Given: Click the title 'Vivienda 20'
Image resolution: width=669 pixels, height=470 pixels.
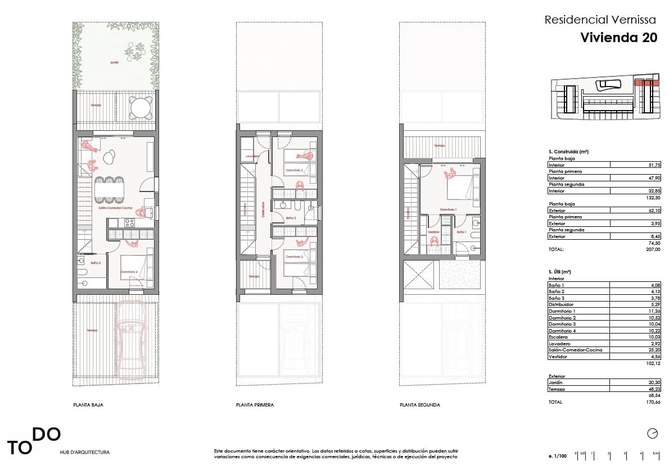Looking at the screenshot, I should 618,38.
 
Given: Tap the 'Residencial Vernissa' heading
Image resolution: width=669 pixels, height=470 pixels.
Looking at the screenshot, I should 600,20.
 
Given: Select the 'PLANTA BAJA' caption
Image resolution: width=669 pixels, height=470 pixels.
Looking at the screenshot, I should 88,404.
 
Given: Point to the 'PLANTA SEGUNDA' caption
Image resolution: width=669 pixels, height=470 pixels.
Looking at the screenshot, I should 419,404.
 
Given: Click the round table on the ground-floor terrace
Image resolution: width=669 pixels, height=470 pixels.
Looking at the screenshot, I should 141,107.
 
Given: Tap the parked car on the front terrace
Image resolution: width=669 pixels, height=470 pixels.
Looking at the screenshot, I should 130,342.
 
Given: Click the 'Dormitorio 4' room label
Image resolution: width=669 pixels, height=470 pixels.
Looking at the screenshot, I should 129,272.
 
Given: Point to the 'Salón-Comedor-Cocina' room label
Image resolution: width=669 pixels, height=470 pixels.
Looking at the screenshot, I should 115,208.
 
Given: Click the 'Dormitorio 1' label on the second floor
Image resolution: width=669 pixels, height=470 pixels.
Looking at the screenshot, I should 448,209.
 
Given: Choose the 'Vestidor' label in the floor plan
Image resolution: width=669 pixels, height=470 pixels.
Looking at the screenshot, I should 433,232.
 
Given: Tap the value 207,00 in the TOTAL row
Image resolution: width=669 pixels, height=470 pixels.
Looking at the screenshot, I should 653,249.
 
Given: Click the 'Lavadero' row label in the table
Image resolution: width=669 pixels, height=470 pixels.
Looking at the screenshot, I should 559,344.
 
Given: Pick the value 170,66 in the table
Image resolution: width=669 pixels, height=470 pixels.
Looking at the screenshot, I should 653,403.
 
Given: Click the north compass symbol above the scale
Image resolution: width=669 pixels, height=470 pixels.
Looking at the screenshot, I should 652,433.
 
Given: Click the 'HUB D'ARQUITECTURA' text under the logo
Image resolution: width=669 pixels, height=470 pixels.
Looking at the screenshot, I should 85,452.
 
